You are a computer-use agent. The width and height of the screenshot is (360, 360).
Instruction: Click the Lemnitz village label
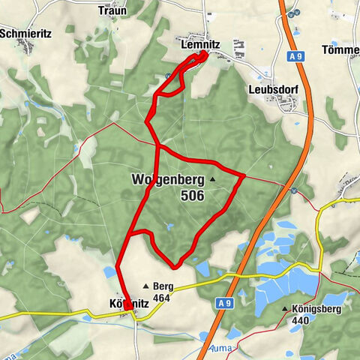200,45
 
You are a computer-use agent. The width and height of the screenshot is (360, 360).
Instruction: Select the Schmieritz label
25,34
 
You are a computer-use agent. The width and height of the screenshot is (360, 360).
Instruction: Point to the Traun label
112,11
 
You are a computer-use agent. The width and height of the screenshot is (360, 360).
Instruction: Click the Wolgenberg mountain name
168,179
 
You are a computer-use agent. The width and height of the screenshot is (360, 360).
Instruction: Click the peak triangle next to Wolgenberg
213,180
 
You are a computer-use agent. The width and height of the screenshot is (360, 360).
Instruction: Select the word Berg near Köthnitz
163,286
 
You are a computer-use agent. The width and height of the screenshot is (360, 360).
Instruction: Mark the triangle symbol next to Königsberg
285,309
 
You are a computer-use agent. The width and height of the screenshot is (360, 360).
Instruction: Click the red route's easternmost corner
244,175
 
